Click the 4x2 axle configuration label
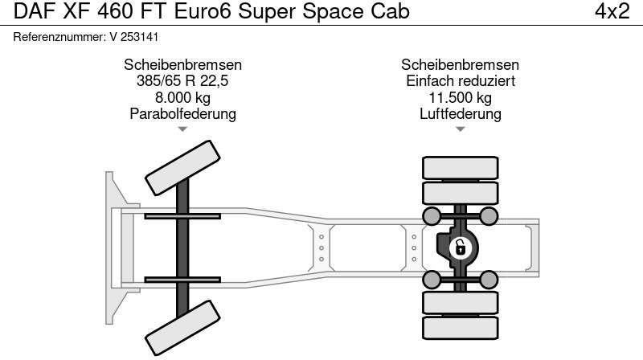tap(612, 12)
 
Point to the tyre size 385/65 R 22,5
tap(182, 81)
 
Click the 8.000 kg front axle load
tap(182, 97)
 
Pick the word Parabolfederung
tap(182, 114)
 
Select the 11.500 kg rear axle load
tap(460, 97)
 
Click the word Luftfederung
tap(460, 114)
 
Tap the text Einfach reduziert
tap(460, 81)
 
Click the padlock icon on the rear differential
tap(460, 247)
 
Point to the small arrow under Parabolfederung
tap(182, 129)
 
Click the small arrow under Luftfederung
tap(460, 129)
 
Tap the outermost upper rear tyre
tap(460, 167)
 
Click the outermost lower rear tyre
tap(460, 327)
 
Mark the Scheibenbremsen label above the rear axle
tap(460, 65)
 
